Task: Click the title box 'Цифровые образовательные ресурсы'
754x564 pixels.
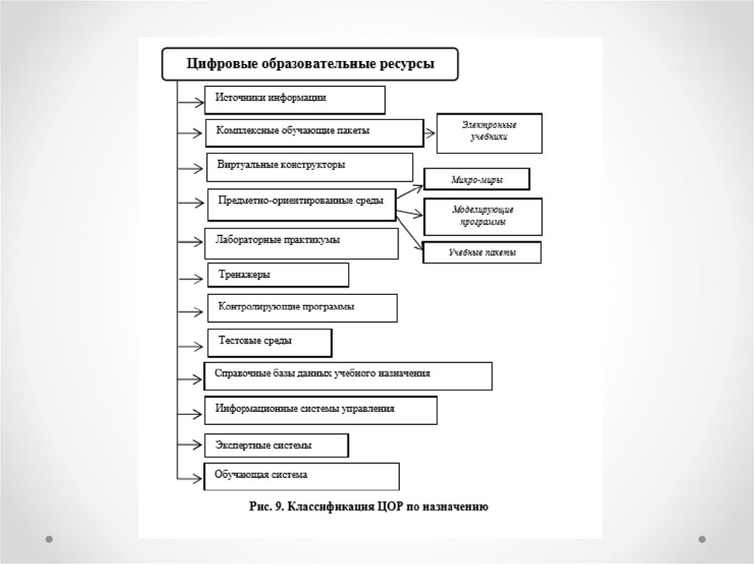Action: (x=310, y=64)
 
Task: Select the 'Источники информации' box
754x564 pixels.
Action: (x=295, y=100)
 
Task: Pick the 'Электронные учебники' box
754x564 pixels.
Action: (x=490, y=133)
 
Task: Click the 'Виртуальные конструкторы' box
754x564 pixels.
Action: (x=309, y=167)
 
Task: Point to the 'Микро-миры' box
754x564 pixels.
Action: (x=478, y=179)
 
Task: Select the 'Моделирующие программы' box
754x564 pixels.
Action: (x=483, y=216)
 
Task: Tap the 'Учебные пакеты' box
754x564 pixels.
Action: (x=482, y=253)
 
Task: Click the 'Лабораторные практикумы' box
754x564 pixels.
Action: (x=301, y=242)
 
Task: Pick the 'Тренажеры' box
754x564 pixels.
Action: (x=278, y=275)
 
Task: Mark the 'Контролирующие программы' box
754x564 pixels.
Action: (x=303, y=308)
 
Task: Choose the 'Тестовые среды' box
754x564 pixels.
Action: (x=269, y=342)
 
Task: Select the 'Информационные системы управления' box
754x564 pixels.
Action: (x=321, y=410)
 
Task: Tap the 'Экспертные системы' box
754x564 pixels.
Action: (x=277, y=446)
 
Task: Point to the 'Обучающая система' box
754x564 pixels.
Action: (x=302, y=476)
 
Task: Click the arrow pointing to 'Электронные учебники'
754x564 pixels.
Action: (x=430, y=133)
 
